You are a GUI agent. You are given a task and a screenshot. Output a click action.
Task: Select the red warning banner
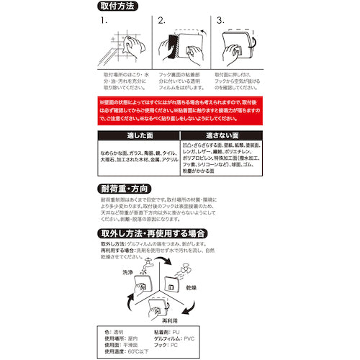(179, 111)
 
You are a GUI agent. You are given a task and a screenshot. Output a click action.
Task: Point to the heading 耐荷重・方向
(130, 190)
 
